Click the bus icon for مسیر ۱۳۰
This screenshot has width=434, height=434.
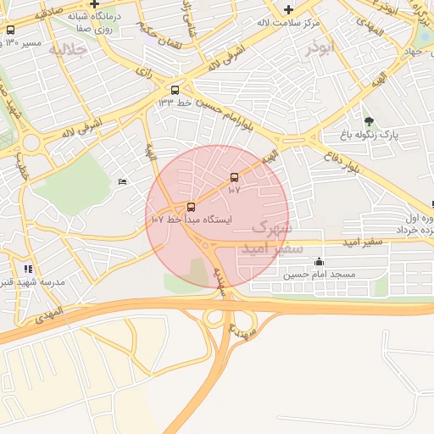(10, 30)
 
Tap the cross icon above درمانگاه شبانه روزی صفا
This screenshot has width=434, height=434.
(94, 4)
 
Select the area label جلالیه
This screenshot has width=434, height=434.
(68, 50)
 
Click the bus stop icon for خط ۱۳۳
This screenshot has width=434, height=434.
(175, 90)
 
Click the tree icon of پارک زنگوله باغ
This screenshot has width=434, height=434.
(368, 121)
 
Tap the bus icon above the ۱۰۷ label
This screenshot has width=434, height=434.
(234, 177)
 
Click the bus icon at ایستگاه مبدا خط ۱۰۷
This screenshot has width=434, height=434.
(191, 207)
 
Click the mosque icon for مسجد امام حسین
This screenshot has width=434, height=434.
(318, 262)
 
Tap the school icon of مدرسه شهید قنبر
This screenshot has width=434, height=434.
(27, 269)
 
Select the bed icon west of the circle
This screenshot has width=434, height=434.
(123, 181)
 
